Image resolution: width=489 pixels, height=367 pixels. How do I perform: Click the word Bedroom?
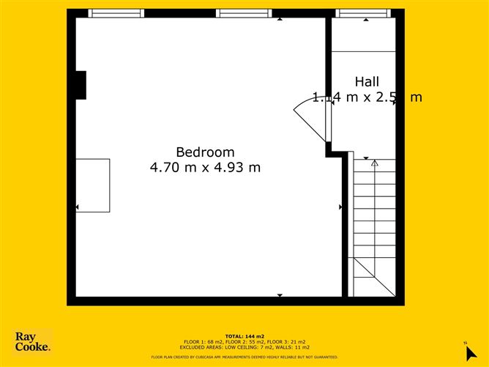(x=205, y=152)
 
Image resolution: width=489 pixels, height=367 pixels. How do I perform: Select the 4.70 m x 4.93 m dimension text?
(x=205, y=167)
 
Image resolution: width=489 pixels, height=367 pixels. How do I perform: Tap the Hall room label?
(x=367, y=81)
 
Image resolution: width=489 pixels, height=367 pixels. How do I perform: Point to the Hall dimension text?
(x=367, y=97)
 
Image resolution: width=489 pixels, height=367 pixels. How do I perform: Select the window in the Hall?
(x=363, y=13)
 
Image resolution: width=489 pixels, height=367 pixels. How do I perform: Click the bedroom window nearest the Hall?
(x=244, y=13)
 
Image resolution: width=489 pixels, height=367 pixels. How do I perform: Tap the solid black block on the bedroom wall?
(x=81, y=85)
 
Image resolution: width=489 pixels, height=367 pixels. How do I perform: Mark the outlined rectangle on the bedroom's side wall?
(x=93, y=185)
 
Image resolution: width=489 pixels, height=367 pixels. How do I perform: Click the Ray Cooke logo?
(x=33, y=341)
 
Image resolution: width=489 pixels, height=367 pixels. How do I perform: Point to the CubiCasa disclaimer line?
(x=244, y=357)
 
